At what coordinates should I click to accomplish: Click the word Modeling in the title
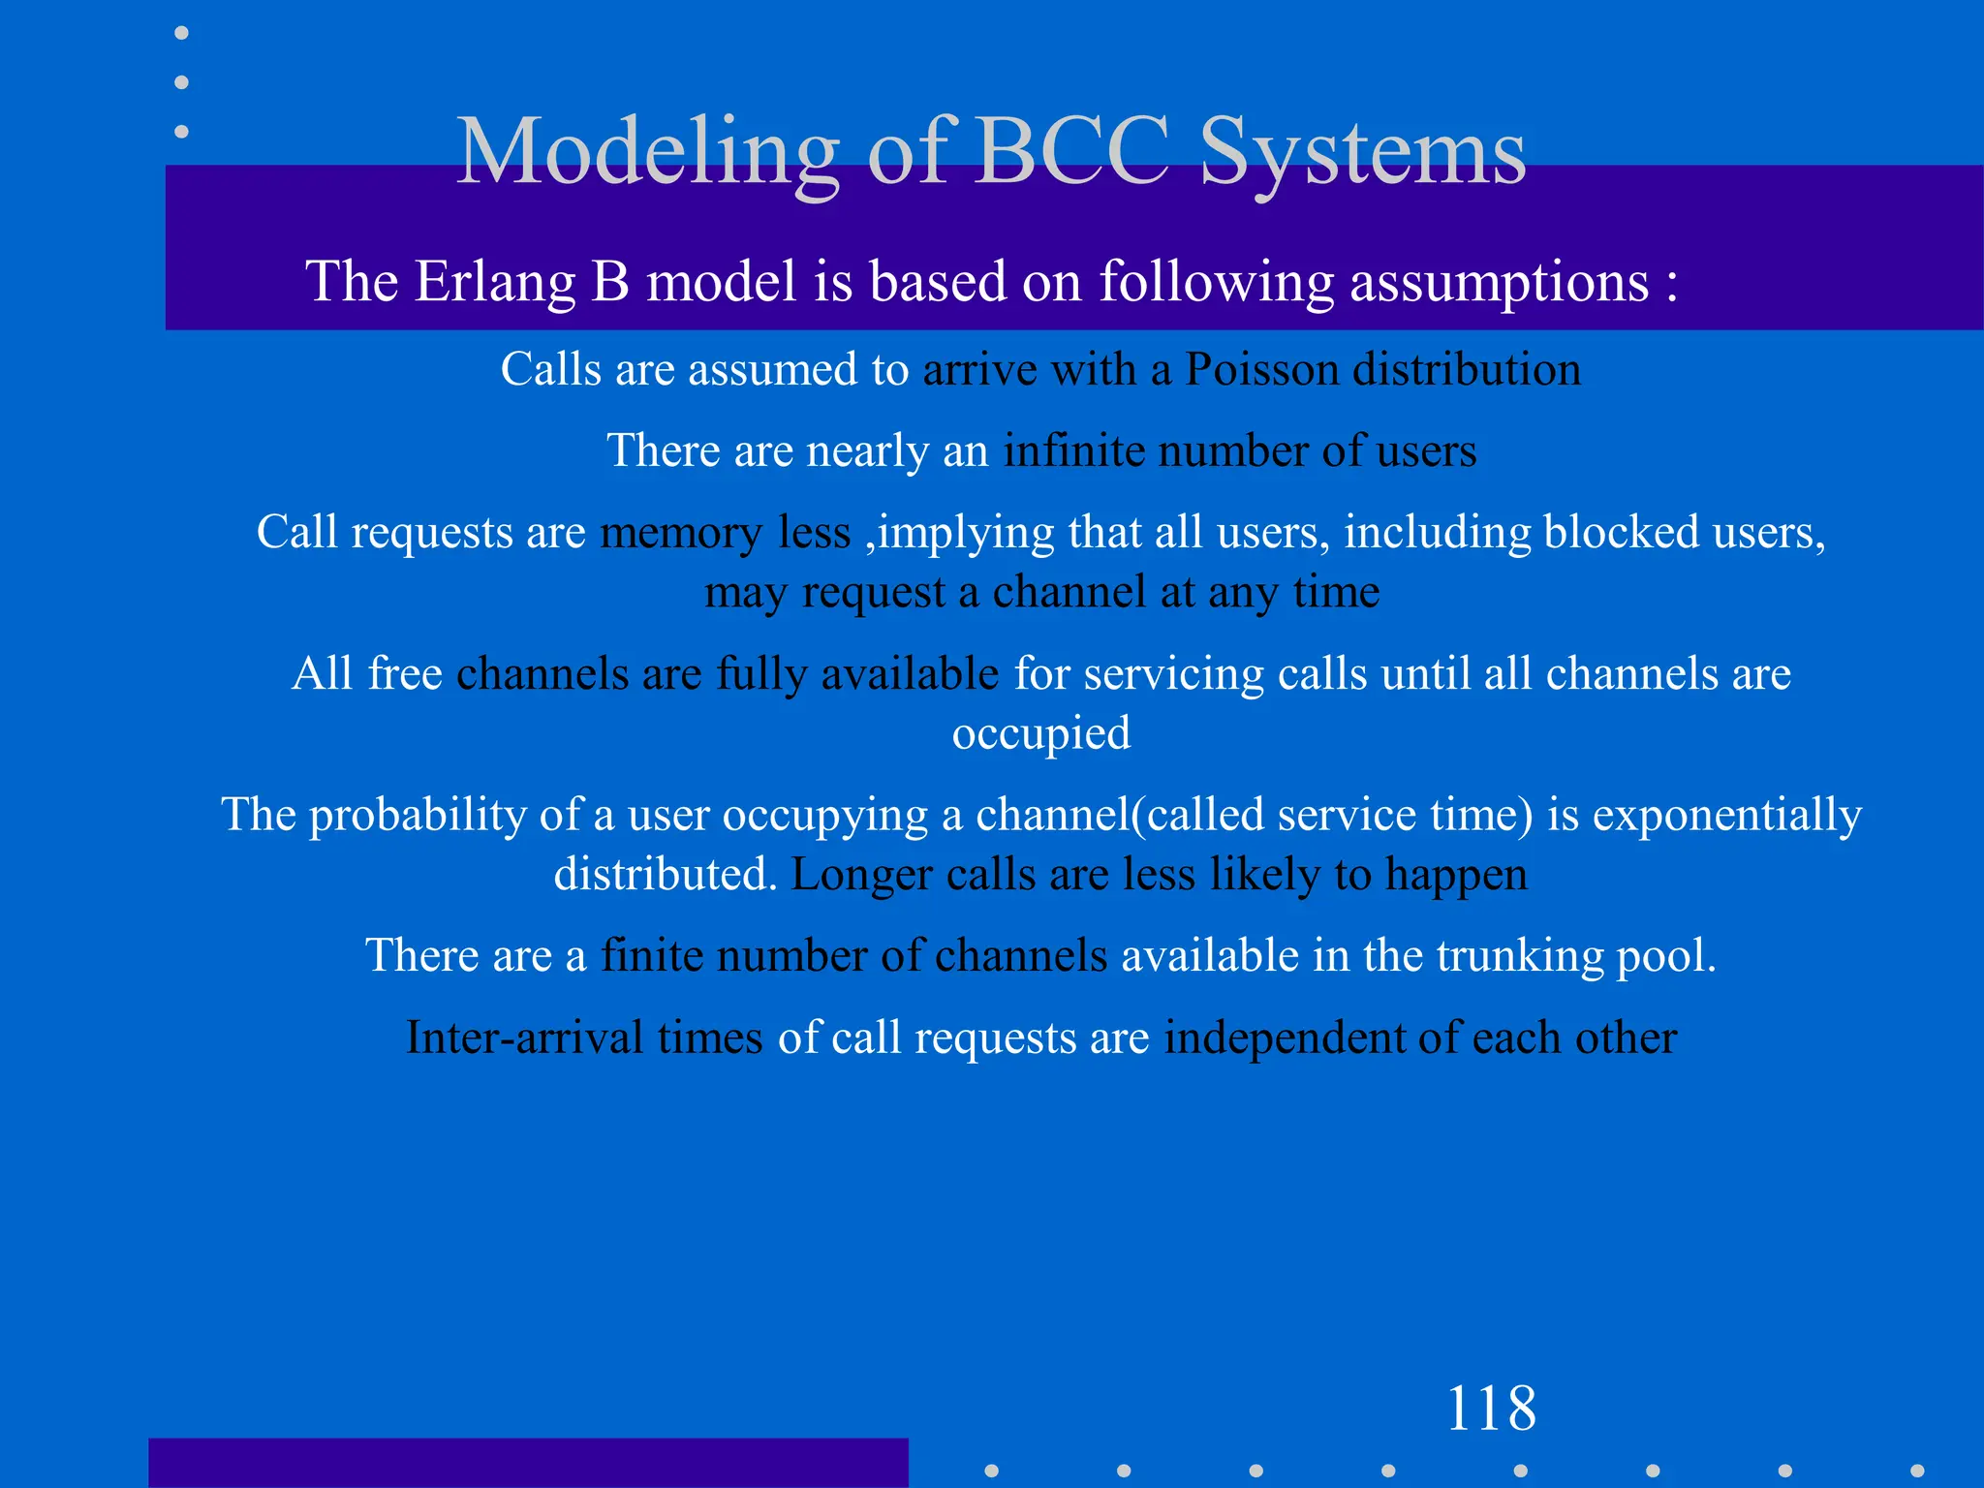tap(647, 153)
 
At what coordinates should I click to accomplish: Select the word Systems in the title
tap(1363, 153)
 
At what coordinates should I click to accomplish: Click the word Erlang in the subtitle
tap(495, 282)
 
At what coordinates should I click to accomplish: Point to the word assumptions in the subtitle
tap(1499, 284)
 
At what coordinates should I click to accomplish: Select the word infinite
tap(1073, 451)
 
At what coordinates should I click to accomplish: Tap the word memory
tap(681, 534)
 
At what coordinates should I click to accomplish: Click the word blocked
tap(1621, 533)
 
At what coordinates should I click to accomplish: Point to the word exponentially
tap(1726, 816)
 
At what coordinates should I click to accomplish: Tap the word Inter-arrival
tap(524, 1038)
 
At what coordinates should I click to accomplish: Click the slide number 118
tap(1490, 1409)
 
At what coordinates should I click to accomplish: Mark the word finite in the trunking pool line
tap(651, 956)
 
